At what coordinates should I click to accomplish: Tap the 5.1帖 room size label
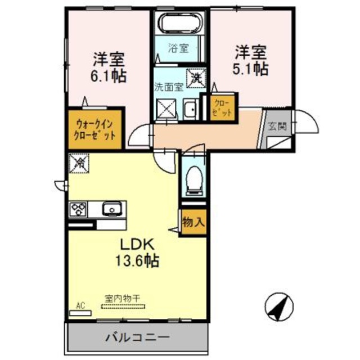(x=251, y=68)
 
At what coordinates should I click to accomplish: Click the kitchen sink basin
(x=111, y=210)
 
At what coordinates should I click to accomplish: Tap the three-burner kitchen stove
(x=77, y=209)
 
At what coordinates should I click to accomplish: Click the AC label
(x=80, y=306)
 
